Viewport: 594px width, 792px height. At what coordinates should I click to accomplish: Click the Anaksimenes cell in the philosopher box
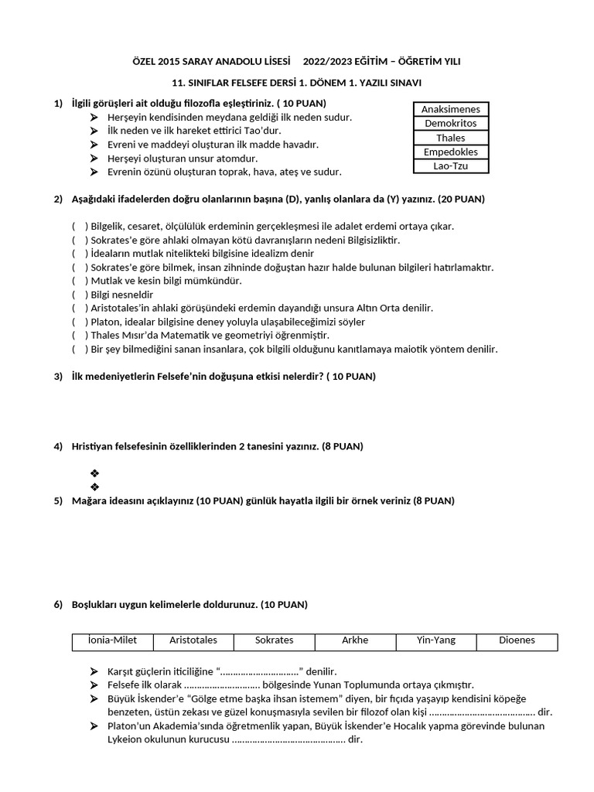(451, 110)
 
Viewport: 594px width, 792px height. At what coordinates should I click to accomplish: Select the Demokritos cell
(451, 124)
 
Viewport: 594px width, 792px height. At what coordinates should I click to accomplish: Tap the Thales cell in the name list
(451, 138)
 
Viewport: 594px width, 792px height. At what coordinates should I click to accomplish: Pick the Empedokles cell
(451, 152)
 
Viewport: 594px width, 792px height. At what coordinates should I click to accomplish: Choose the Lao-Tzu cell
(451, 166)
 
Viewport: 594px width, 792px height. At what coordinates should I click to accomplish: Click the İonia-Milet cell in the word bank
(113, 640)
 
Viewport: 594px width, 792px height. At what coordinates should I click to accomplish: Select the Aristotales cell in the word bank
(193, 640)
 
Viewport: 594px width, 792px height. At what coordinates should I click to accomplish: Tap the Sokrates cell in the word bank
(275, 640)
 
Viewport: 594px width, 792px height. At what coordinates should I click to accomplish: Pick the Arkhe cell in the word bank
(355, 640)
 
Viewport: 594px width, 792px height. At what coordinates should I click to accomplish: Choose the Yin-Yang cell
(436, 640)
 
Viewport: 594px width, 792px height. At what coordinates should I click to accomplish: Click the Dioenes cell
(517, 640)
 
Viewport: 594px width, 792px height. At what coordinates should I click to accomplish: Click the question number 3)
(58, 377)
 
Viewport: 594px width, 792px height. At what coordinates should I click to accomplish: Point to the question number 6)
(58, 604)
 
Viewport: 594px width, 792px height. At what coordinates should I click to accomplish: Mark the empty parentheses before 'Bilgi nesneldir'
(80, 295)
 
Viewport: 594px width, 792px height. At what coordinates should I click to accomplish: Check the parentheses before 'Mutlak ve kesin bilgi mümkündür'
(80, 281)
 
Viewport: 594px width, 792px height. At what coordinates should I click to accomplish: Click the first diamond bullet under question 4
(94, 473)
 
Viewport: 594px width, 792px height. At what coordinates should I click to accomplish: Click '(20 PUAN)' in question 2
(461, 199)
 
